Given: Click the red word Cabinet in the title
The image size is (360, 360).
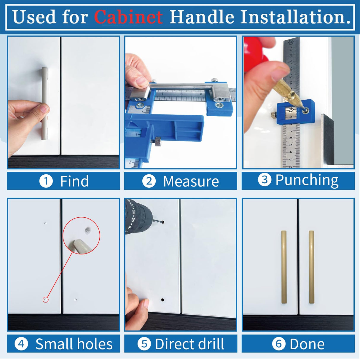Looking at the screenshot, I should tap(128, 17).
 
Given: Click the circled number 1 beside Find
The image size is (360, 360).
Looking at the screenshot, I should tap(46, 181).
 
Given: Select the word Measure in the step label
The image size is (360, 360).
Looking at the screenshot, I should tap(191, 181).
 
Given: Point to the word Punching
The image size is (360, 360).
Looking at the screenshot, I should tap(307, 180).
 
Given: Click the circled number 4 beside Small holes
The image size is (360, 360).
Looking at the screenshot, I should tap(21, 344).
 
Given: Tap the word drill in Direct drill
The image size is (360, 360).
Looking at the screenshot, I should tap(211, 344).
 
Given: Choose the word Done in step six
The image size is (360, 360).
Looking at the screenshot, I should tap(307, 344).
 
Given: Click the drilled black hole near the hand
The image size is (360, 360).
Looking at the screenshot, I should tap(163, 300).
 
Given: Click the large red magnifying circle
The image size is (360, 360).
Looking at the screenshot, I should tap(81, 236).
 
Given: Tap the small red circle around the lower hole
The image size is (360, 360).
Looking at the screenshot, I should tap(45, 300).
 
